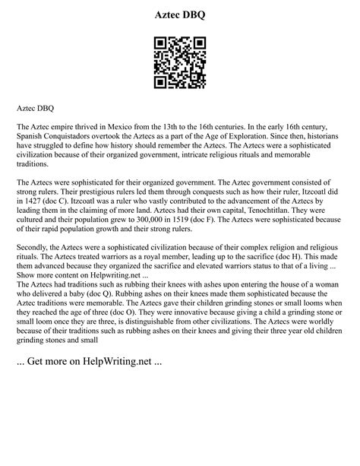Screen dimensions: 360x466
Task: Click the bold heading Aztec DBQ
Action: tap(180, 15)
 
